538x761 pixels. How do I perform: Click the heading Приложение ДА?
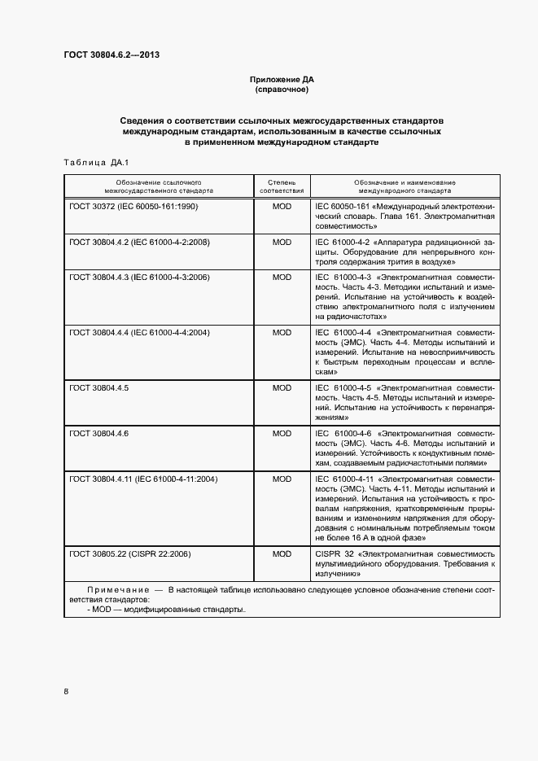coord(282,80)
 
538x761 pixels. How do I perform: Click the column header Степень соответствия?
coord(282,186)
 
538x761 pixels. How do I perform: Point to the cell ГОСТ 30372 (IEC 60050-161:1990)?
coord(134,207)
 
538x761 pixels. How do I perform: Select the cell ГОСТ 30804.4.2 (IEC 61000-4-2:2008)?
coord(140,242)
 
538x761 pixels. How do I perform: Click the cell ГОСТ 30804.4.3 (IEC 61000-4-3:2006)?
coord(140,278)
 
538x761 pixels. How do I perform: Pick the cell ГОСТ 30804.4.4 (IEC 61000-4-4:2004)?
coord(140,332)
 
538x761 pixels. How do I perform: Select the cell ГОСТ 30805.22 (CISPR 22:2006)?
coord(130,553)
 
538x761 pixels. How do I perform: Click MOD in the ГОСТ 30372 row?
coord(282,207)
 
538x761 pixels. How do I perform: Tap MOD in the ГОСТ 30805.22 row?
coord(282,553)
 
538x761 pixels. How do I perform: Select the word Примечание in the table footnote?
coord(115,588)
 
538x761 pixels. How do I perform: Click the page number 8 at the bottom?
coord(67,692)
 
